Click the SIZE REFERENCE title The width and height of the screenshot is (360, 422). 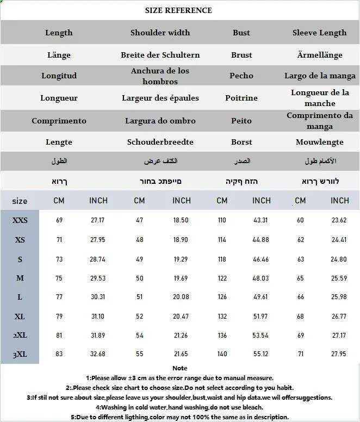click(x=178, y=10)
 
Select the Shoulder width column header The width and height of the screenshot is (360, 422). click(x=160, y=33)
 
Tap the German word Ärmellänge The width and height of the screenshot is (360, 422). click(x=320, y=55)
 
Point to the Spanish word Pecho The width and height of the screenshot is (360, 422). click(x=241, y=76)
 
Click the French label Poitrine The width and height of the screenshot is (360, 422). click(x=241, y=98)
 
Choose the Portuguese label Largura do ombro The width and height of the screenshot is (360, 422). click(x=160, y=121)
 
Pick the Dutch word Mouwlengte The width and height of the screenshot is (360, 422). click(x=320, y=142)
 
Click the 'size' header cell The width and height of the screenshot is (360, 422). click(x=20, y=201)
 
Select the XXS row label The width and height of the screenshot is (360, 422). click(x=20, y=221)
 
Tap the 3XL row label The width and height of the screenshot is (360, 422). click(x=20, y=355)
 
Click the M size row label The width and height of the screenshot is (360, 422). click(x=20, y=278)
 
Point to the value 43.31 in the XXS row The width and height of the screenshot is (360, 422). click(x=261, y=221)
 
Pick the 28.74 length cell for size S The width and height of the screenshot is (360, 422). click(x=98, y=259)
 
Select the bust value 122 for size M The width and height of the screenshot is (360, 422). click(x=222, y=278)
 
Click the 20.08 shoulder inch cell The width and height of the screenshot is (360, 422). click(x=181, y=297)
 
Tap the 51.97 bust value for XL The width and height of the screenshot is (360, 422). click(x=261, y=316)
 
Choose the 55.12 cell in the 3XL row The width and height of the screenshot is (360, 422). click(x=261, y=355)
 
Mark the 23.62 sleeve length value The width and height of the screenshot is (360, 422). click(x=339, y=221)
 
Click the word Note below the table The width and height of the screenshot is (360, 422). click(x=179, y=368)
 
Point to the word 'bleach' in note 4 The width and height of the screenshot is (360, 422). click(x=253, y=407)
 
